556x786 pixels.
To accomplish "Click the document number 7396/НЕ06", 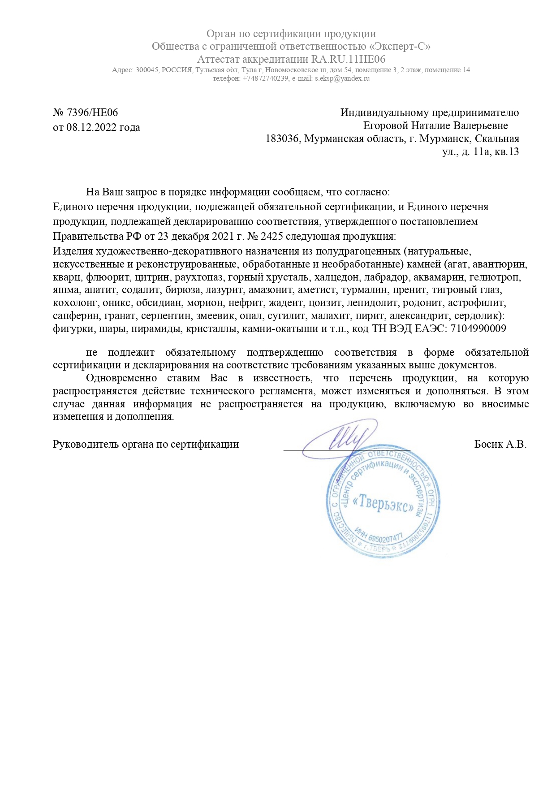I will coord(92,112).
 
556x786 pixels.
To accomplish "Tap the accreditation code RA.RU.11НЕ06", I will coord(348,59).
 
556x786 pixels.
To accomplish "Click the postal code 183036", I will coord(282,138).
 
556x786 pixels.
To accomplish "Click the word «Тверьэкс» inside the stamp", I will coord(383,505).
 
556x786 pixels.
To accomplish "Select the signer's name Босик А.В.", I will coord(500,445).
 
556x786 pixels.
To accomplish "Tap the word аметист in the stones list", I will coord(316,290).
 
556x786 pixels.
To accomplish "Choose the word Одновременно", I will coord(121,378).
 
